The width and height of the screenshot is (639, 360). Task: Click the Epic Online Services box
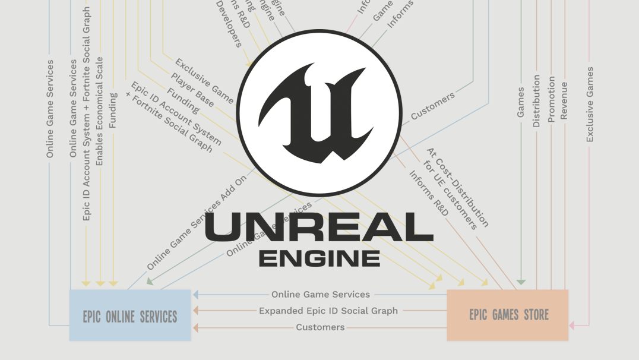130,315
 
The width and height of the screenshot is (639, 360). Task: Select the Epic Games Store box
508,315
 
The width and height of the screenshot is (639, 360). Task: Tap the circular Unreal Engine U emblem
320,113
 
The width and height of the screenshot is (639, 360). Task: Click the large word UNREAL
319,227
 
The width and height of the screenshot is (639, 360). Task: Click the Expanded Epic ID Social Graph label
328,310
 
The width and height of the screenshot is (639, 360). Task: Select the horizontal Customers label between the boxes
320,327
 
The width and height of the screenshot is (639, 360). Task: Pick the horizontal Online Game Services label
321,294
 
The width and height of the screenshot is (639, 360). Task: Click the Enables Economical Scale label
100,111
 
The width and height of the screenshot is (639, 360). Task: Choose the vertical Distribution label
536,101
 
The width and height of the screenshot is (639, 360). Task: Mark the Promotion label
552,99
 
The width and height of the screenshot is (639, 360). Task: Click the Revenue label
564,101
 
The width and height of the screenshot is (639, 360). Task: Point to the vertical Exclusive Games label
590,105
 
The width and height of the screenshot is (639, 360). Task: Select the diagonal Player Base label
192,90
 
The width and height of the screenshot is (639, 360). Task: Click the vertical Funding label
113,110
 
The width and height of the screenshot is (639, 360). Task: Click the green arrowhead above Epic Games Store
521,282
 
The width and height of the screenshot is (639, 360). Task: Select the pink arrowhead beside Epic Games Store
571,326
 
